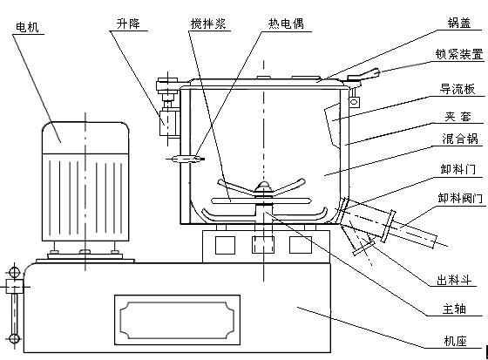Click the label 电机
coord(27,27)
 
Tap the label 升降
coord(128,24)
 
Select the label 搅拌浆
coord(208,24)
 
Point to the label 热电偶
coord(286,24)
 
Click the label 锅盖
coord(459,23)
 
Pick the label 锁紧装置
coord(459,54)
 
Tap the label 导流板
coord(457,89)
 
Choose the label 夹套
coord(457,117)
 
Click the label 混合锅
coord(460,139)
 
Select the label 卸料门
coord(458,169)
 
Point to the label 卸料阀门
coord(460,198)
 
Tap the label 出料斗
coord(454,280)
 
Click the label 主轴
coord(454,309)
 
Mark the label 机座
coord(455,342)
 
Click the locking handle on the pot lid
coord(363,75)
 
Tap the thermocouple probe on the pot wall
coord(186,160)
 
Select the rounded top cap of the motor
coord(85,138)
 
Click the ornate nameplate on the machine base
coord(178,320)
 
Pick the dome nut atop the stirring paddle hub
coord(264,186)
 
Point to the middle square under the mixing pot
coord(263,245)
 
